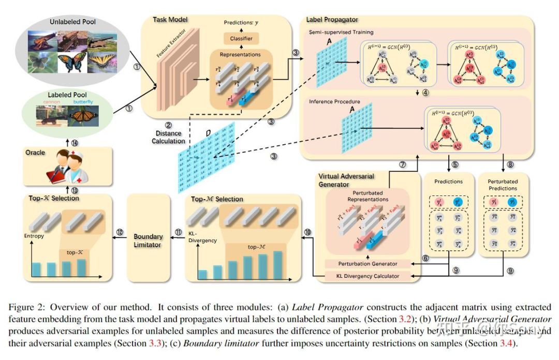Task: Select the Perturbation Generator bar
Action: click(368, 264)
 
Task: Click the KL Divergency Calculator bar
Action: click(368, 276)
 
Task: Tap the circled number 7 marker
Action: click(403, 165)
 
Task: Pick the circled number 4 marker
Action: click(425, 94)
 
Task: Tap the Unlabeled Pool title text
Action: click(73, 22)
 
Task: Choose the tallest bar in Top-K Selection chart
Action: click(81, 267)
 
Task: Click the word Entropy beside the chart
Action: click(35, 236)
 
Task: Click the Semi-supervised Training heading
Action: click(341, 32)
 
